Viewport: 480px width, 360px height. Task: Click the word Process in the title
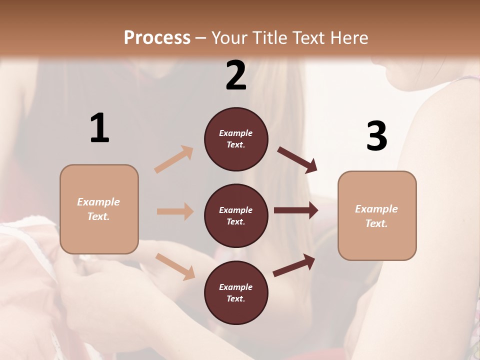(157, 38)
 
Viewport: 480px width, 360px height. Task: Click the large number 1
(99, 128)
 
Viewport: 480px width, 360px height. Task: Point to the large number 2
(236, 75)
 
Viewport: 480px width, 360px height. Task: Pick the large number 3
(376, 136)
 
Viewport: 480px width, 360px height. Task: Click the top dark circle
(236, 139)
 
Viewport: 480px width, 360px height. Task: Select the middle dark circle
(236, 215)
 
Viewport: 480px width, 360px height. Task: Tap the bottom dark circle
(236, 292)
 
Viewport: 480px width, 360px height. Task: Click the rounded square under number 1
(99, 209)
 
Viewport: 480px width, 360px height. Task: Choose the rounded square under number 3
(377, 215)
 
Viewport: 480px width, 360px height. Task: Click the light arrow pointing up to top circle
(174, 159)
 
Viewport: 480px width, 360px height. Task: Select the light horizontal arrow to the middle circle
(175, 211)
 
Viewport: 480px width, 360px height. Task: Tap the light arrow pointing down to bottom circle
(175, 266)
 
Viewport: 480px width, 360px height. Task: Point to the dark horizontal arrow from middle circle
(296, 210)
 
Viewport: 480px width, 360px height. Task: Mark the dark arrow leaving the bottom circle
(294, 265)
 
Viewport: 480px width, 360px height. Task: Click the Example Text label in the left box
(98, 209)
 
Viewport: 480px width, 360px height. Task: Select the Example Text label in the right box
(376, 216)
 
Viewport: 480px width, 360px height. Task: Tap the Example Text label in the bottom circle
(236, 293)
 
